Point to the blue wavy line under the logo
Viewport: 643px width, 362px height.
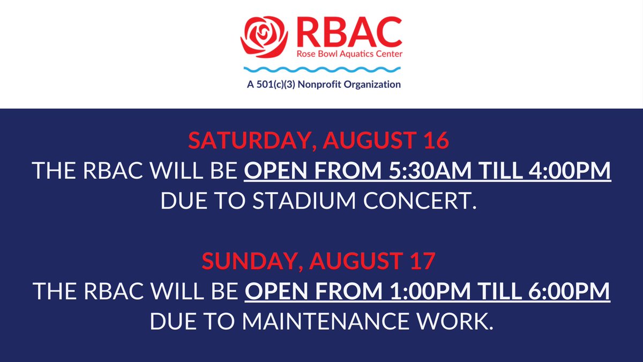point(322,70)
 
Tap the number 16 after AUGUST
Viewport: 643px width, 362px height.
point(435,141)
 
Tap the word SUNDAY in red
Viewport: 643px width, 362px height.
point(243,261)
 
